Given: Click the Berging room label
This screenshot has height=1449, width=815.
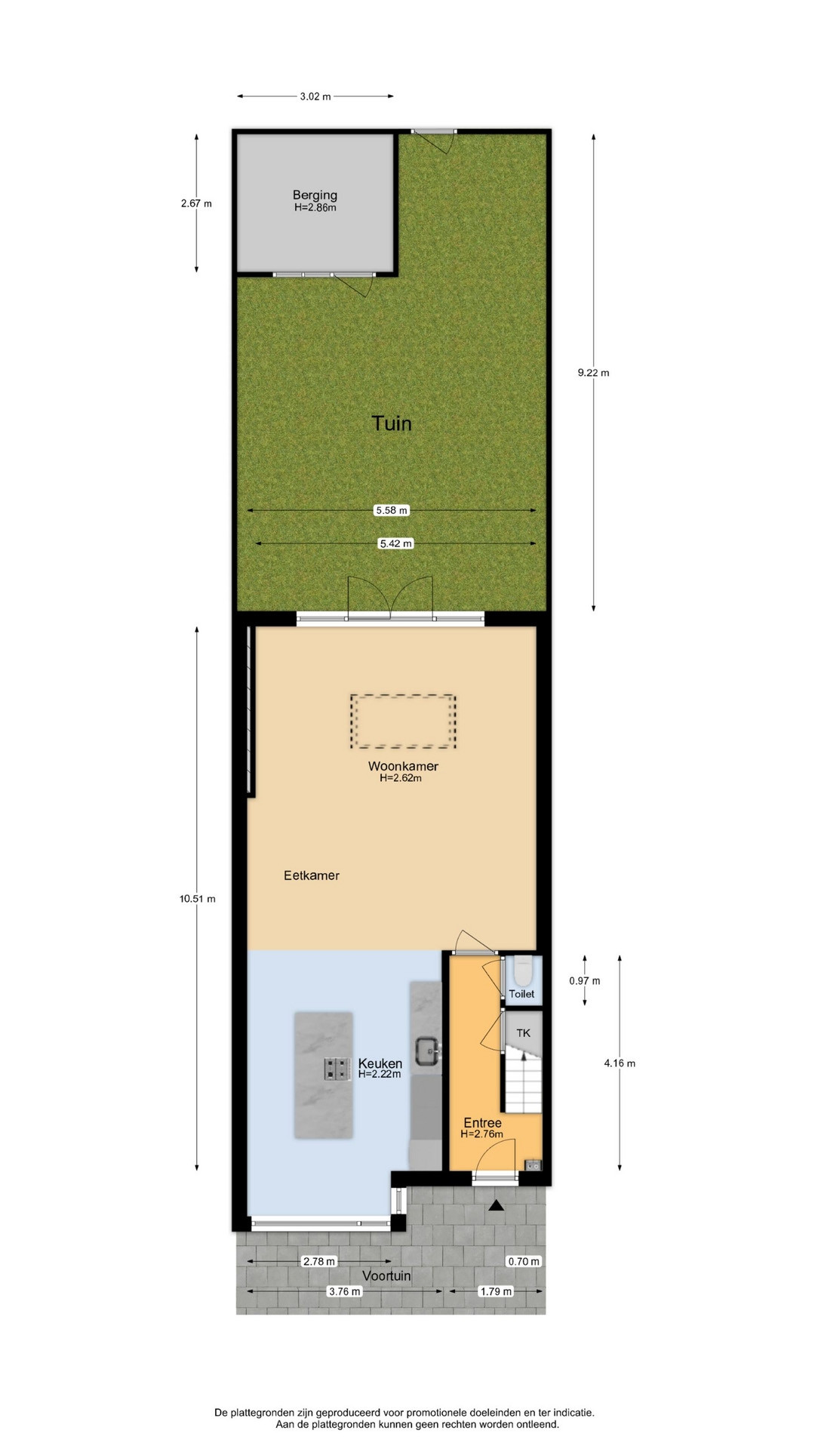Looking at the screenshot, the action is coord(315,195).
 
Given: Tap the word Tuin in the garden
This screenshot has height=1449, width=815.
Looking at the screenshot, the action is coord(392,423).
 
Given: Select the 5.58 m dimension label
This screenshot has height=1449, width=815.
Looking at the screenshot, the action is coord(392,510).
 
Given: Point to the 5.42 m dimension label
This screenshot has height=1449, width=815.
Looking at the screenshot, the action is coord(396,543).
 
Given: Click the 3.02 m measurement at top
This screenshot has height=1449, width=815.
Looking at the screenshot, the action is coord(315,97).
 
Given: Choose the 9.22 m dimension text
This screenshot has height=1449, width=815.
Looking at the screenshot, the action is coord(593,372).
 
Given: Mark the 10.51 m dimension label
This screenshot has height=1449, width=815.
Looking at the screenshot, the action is coord(198,899).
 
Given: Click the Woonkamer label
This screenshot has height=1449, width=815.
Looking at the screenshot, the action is coord(403,766).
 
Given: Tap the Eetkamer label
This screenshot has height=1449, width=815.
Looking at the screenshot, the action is coord(312,875).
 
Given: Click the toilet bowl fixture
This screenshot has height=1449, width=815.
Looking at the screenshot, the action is coord(523,971).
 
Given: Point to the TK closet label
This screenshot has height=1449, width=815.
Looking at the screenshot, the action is coord(523,1033).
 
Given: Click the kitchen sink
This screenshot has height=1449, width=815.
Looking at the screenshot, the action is coord(427,1049).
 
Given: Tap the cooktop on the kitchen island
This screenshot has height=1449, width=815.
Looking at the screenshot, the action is coord(337,1069).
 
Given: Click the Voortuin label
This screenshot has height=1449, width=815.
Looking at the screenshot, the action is coord(386,1275).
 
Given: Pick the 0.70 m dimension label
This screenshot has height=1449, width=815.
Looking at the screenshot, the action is coord(524,1261).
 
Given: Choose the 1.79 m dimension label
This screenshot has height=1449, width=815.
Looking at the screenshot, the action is coord(496,1291).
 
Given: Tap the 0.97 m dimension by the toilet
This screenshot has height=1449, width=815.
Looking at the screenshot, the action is coord(585,981).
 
